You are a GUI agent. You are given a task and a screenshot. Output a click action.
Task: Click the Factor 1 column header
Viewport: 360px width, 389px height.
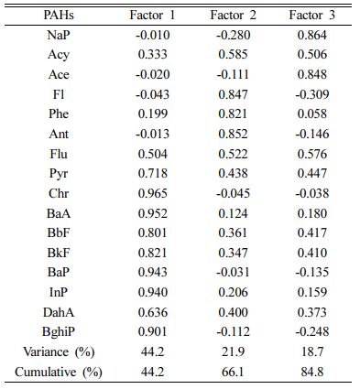coord(152,15)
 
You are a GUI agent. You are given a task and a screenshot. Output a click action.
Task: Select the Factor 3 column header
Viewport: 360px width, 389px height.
coord(312,15)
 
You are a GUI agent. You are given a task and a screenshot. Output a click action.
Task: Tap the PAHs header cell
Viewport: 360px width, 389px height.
coord(59,15)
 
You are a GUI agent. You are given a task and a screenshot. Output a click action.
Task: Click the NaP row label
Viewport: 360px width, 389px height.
coord(59,35)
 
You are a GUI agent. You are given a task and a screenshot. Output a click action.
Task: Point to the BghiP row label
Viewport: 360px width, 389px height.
coord(59,331)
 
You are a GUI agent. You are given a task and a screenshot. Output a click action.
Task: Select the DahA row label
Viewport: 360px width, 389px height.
coord(59,312)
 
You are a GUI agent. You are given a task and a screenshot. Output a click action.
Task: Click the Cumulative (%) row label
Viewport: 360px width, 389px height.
coord(59,372)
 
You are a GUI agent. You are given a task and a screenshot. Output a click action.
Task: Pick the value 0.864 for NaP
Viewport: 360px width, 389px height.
coord(312,35)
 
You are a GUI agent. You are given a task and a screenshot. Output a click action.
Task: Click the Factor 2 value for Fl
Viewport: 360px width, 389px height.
coord(233,94)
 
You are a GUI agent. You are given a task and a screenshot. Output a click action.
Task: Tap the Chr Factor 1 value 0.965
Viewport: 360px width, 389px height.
coord(153,193)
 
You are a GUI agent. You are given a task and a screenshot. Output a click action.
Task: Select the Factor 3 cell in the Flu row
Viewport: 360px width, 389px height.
coord(312,154)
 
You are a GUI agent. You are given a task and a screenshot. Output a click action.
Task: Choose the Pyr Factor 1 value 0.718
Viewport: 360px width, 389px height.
coord(153,173)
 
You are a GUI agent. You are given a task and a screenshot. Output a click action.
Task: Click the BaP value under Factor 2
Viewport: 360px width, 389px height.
coord(233,272)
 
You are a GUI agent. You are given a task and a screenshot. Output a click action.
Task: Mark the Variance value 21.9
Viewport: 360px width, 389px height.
coord(233,351)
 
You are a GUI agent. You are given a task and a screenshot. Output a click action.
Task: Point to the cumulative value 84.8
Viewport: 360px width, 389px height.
coord(312,372)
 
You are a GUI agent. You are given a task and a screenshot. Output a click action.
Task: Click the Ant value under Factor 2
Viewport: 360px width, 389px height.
coord(233,134)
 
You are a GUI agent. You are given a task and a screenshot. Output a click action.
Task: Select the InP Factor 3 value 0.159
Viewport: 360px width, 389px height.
coord(312,292)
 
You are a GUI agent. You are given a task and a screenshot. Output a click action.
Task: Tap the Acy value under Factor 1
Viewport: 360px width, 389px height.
coord(153,54)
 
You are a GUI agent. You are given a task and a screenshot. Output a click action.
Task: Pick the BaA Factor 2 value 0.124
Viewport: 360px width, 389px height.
coord(233,213)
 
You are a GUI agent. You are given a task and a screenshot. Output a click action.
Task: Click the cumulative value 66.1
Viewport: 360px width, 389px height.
coord(233,372)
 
